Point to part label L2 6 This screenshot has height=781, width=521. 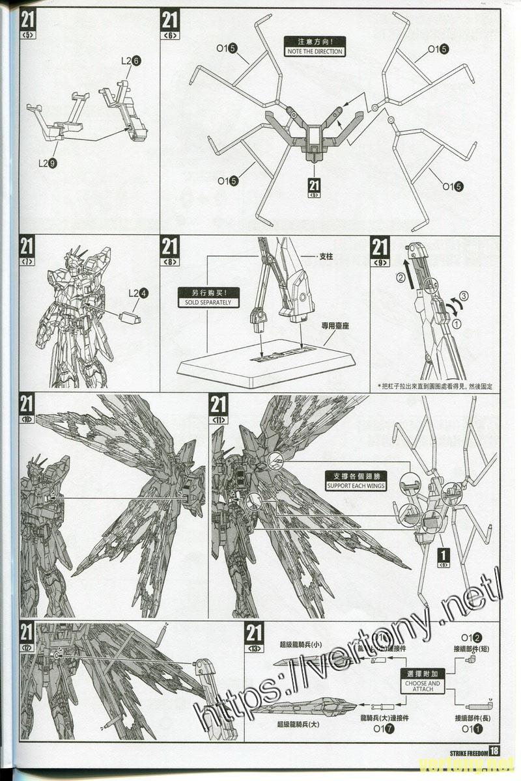[x=132, y=61]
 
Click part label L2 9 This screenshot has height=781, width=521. [x=47, y=163]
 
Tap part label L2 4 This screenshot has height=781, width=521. [x=139, y=294]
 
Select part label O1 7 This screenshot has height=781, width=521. [x=383, y=729]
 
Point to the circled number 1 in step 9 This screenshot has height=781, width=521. [x=457, y=323]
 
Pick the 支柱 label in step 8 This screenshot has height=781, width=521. [x=325, y=257]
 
